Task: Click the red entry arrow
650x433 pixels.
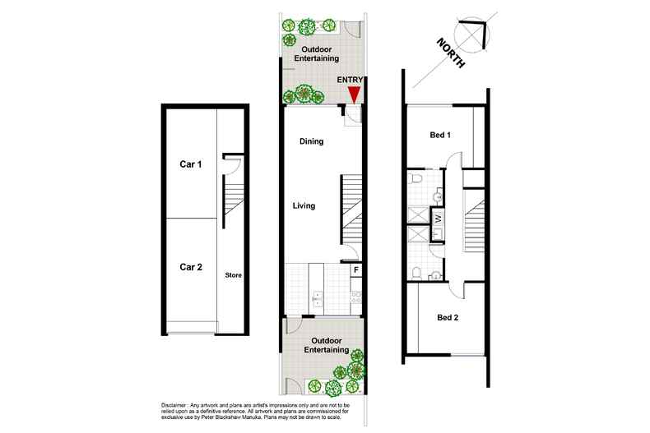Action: tap(354, 94)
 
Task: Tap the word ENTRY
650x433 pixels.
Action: tap(352, 80)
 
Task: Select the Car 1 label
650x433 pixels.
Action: tap(191, 164)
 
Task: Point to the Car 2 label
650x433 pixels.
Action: tap(191, 266)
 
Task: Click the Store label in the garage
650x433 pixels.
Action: tap(233, 275)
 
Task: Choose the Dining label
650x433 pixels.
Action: tap(311, 141)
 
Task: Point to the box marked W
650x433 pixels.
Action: tap(438, 218)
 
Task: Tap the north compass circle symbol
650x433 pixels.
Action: tap(476, 32)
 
